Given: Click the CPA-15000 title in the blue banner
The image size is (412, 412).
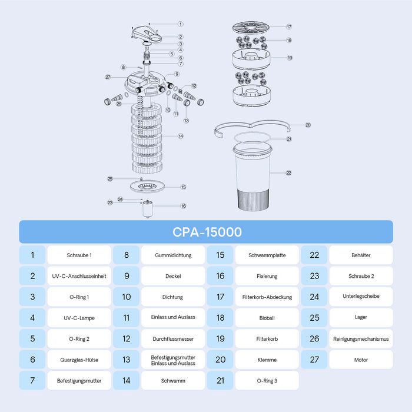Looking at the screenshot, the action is pyautogui.click(x=207, y=232).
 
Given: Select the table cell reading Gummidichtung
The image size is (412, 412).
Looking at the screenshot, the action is pyautogui.click(x=173, y=255).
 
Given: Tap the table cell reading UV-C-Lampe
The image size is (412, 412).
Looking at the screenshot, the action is pyautogui.click(x=79, y=318).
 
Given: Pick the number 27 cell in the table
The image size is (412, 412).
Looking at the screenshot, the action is pyautogui.click(x=314, y=360).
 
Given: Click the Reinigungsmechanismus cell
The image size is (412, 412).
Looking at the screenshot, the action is pyautogui.click(x=361, y=338).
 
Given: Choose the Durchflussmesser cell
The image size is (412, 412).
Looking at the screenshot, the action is pyautogui.click(x=173, y=338).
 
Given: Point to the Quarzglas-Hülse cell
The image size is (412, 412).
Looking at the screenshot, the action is pyautogui.click(x=79, y=360).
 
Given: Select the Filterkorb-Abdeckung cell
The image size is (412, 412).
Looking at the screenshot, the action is pyautogui.click(x=267, y=297).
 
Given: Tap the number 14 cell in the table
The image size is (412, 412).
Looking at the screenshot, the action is pyautogui.click(x=127, y=380).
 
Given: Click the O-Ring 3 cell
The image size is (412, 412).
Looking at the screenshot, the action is pyautogui.click(x=267, y=380).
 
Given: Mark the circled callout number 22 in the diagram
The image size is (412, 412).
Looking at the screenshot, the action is pyautogui.click(x=289, y=173).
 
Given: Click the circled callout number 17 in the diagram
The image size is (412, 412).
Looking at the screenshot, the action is pyautogui.click(x=289, y=27).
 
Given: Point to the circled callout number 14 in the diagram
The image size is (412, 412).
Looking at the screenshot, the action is pyautogui.click(x=181, y=136).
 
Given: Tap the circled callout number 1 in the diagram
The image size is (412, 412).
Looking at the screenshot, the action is pyautogui.click(x=181, y=24).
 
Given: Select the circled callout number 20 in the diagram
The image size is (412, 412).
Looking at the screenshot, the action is pyautogui.click(x=308, y=125).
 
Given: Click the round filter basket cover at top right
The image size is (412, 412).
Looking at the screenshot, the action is pyautogui.click(x=251, y=27).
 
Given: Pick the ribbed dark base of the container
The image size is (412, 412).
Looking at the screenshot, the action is pyautogui.click(x=253, y=200).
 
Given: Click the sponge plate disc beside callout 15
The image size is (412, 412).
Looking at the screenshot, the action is pyautogui.click(x=147, y=187).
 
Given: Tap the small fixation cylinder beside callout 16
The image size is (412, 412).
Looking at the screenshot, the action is pyautogui.click(x=147, y=208).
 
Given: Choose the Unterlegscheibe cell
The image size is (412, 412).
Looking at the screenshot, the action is pyautogui.click(x=361, y=297).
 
